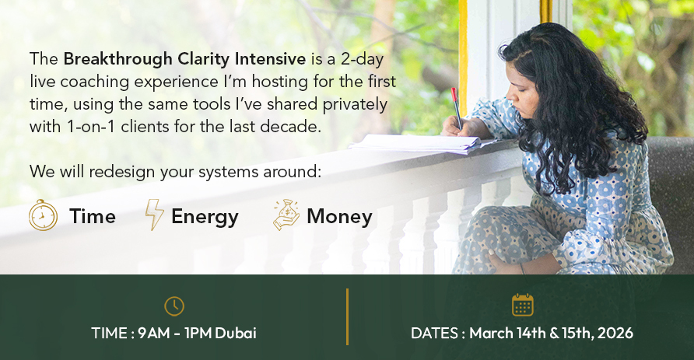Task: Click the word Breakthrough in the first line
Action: [x=117, y=60]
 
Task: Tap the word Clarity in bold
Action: [x=204, y=60]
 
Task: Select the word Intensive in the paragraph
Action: [x=270, y=59]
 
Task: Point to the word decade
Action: [x=290, y=127]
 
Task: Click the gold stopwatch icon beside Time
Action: [x=43, y=215]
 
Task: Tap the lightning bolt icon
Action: [x=155, y=215]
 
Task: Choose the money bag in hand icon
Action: [x=286, y=215]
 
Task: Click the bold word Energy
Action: [x=205, y=217]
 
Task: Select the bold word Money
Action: [x=339, y=216]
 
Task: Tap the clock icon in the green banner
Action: [x=174, y=306]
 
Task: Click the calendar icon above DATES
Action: [x=523, y=305]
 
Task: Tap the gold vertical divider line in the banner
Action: [x=348, y=316]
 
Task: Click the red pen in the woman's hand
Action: [x=457, y=108]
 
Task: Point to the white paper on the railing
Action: [x=417, y=144]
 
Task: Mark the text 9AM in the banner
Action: [x=153, y=333]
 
